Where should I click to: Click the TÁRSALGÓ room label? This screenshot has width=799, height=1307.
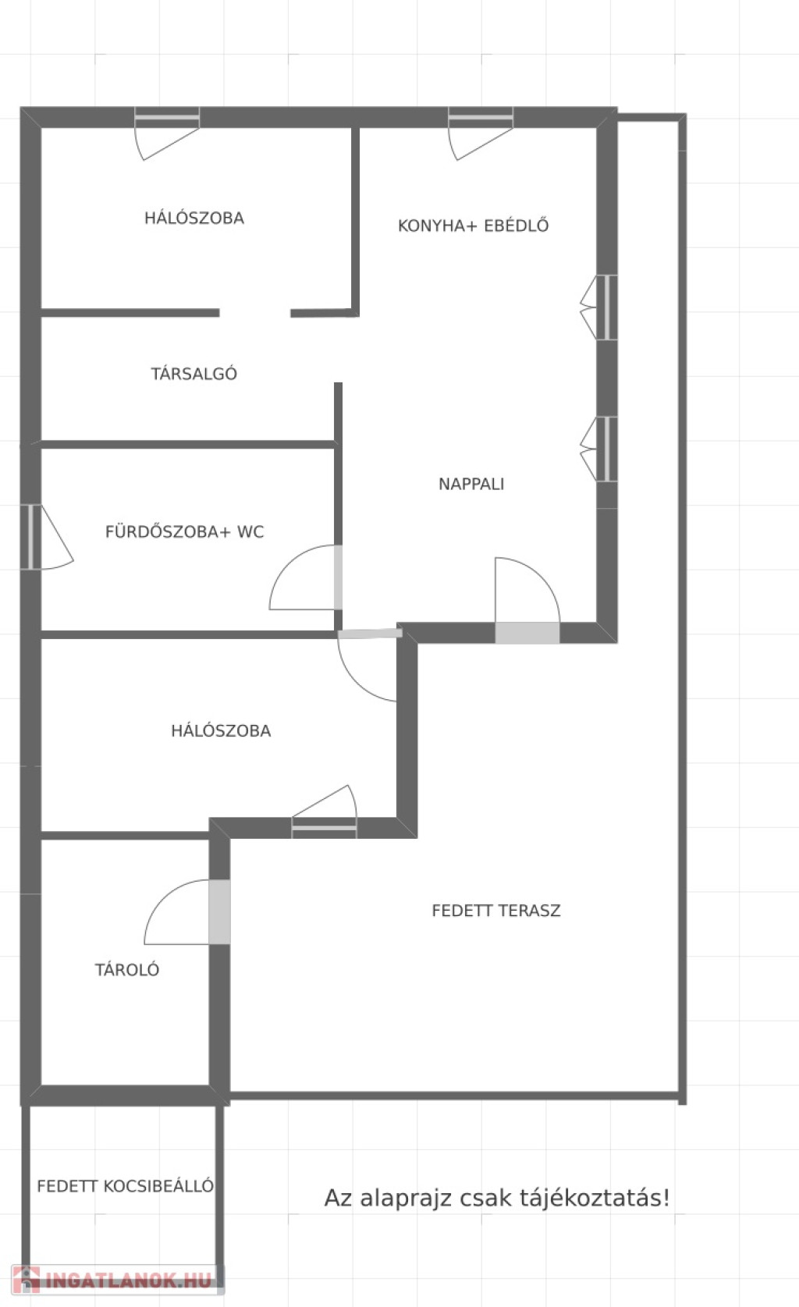(194, 374)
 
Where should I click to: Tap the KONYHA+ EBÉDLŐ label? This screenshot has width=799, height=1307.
(474, 226)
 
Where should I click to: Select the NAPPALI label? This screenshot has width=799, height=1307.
(471, 484)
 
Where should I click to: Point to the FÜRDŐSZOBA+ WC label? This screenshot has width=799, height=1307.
(184, 531)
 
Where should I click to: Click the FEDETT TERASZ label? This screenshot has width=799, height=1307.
(496, 911)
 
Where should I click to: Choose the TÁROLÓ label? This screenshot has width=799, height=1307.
(127, 969)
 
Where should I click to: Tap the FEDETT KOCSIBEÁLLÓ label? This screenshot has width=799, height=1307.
(126, 1185)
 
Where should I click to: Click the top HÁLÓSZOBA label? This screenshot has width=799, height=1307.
(194, 218)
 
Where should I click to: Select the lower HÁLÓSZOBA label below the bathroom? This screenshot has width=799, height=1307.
(221, 730)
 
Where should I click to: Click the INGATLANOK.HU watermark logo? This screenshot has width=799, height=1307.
(117, 1280)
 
